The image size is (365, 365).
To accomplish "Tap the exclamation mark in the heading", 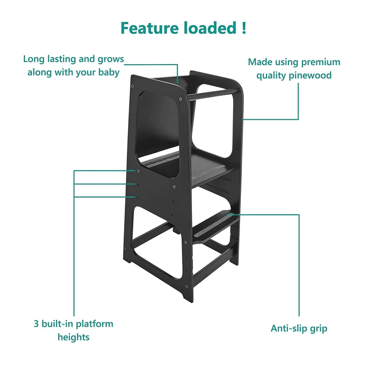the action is [243, 28].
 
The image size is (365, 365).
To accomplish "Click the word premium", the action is [321, 62].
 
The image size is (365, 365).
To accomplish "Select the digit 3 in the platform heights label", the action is [36, 324].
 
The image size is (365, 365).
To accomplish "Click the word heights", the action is [74, 337].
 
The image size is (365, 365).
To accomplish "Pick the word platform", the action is [95, 324].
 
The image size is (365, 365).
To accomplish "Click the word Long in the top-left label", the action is [34, 59].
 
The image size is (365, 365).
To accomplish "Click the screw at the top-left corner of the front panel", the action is [133, 86].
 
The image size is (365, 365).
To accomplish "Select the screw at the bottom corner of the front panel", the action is [186, 286].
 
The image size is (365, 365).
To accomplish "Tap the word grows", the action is [111, 59].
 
